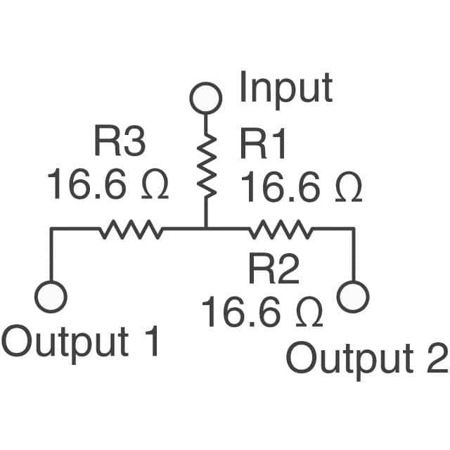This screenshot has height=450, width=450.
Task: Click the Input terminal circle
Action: [x=207, y=98]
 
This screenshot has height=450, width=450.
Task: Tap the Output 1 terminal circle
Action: [x=51, y=296]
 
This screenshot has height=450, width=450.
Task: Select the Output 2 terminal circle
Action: [x=353, y=296]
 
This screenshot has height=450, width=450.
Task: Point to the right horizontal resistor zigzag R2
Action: [x=281, y=229]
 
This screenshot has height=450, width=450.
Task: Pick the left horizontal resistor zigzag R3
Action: [x=130, y=229]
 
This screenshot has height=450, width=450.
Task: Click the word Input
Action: [x=285, y=89]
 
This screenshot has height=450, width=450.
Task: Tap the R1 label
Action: [x=264, y=145]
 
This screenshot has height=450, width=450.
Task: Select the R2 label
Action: [x=274, y=270]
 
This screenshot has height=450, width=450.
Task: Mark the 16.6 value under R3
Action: [x=87, y=186]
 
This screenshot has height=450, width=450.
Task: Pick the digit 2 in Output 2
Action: [x=436, y=359]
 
